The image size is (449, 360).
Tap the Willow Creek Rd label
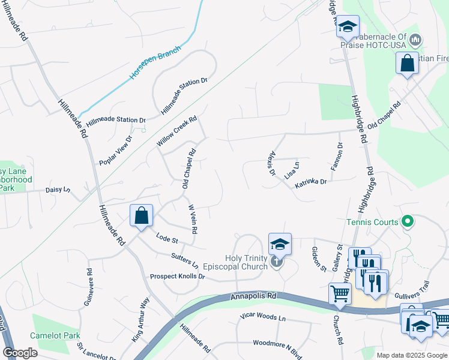(176, 131)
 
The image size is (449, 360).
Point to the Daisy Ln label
(58, 190)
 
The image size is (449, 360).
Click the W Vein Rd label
(193, 219)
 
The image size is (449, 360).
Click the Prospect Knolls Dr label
(177, 277)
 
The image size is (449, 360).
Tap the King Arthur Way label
(140, 320)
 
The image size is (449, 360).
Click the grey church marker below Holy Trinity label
(276, 262)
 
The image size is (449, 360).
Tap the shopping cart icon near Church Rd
(339, 293)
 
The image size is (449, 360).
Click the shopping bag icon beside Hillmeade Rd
(141, 215)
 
